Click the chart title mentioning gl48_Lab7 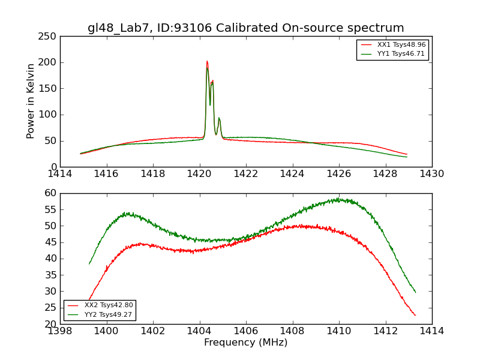click(246, 28)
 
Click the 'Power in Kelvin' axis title click(31, 101)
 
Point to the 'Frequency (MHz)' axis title click(246, 343)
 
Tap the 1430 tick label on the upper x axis click(431, 173)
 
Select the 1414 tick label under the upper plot click(61, 173)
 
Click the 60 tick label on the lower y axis click(50, 193)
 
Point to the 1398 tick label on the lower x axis click(61, 331)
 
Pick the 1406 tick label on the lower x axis click(246, 331)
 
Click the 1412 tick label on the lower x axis click(385, 331)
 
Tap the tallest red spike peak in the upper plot click(207, 61)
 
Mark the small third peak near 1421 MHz click(219, 118)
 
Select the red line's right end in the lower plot click(415, 315)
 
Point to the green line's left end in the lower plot click(89, 264)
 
